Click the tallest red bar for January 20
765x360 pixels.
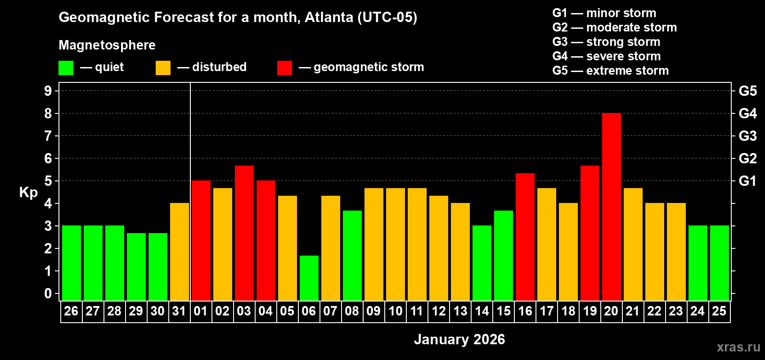pyautogui.click(x=612, y=207)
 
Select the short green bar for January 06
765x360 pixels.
pyautogui.click(x=309, y=278)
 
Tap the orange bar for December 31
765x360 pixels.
pyautogui.click(x=180, y=252)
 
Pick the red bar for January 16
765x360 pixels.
pyautogui.click(x=525, y=237)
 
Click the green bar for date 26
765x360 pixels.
pyautogui.click(x=72, y=263)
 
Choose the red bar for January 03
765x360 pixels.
pyautogui.click(x=244, y=233)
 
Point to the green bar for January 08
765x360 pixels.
pyautogui.click(x=352, y=256)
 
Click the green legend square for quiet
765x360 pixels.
pyautogui.click(x=66, y=68)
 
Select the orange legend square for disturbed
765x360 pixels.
pyautogui.click(x=163, y=68)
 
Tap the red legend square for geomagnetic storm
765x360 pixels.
pyautogui.click(x=284, y=68)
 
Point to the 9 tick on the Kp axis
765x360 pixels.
pyautogui.click(x=48, y=91)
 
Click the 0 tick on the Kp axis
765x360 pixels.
pyautogui.click(x=48, y=294)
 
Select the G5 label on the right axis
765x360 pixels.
pyautogui.click(x=747, y=91)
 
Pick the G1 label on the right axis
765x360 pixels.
pyautogui.click(x=747, y=181)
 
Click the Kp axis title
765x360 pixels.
pyautogui.click(x=28, y=193)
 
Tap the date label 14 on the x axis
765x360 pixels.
pyautogui.click(x=482, y=311)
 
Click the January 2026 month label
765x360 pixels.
pyautogui.click(x=459, y=339)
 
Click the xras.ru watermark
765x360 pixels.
pyautogui.click(x=738, y=347)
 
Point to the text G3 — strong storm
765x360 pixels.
pyautogui.click(x=606, y=42)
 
